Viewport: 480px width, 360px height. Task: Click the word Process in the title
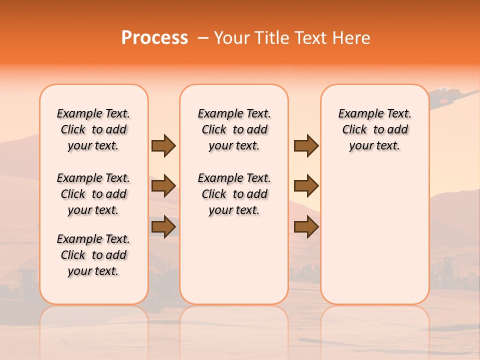tap(154, 38)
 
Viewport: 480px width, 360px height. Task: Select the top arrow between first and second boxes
tap(163, 145)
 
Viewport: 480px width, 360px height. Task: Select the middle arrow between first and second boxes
tap(163, 186)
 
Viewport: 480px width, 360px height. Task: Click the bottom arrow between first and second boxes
tap(163, 227)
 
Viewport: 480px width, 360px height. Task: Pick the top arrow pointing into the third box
tap(306, 145)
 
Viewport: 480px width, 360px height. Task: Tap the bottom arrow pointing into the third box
tap(306, 227)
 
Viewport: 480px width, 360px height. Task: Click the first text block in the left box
tap(93, 129)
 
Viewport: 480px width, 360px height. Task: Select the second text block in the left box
tap(93, 194)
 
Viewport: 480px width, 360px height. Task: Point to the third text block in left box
tap(93, 255)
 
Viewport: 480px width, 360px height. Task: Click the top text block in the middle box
tap(234, 129)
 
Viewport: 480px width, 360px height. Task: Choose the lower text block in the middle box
tap(234, 194)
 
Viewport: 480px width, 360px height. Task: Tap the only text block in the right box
tap(374, 129)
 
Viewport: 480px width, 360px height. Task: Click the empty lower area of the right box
tap(374, 240)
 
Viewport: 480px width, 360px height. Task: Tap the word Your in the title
tap(231, 38)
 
